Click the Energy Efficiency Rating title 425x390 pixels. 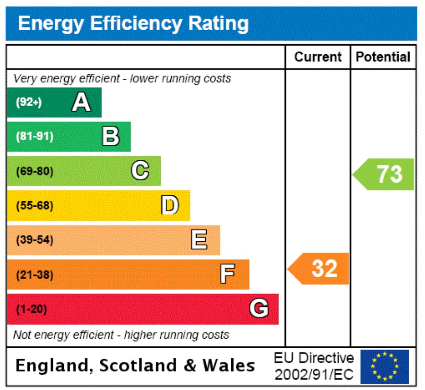pos(133,24)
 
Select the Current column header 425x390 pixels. pos(318,57)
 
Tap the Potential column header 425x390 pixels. pos(383,57)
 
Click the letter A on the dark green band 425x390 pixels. pos(81,102)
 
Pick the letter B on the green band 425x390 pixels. pos(111,137)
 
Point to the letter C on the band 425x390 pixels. pos(140,171)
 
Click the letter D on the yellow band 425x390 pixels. pos(170,206)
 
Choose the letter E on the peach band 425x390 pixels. pos(199,240)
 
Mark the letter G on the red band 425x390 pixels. pos(259,309)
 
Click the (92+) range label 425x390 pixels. pos(29,102)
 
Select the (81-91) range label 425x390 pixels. pos(35,137)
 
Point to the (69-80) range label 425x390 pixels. pos(35,171)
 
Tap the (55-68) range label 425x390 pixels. pos(35,206)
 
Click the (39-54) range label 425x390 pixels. pos(35,240)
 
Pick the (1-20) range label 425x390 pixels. pos(32,309)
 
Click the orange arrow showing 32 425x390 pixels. pos(319,269)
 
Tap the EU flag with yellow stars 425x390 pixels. pos(385,366)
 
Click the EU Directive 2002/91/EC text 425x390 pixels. pos(314,366)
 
